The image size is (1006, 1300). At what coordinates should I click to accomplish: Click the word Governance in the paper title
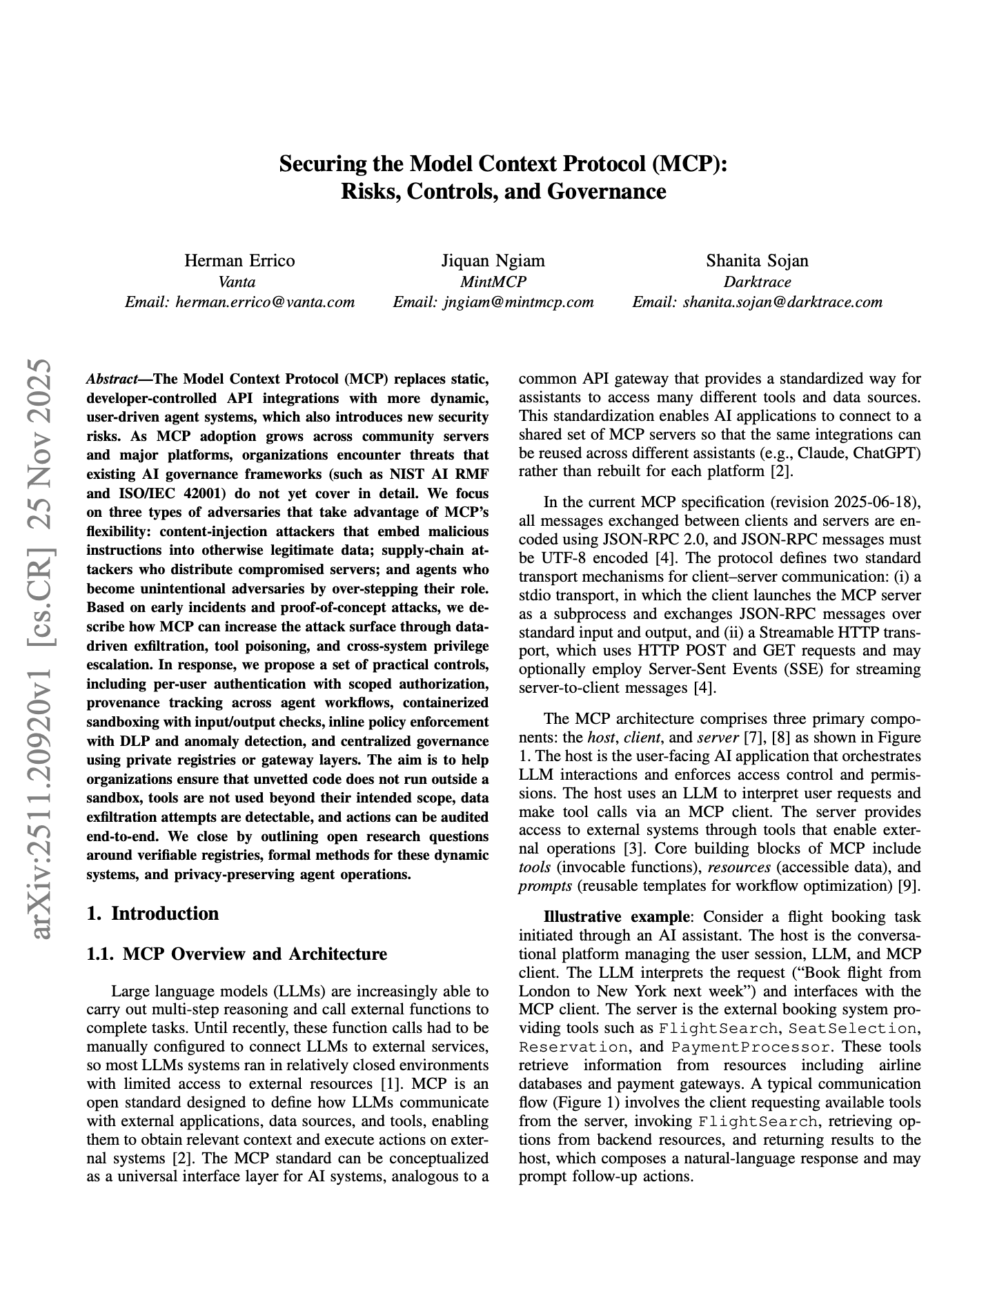[606, 191]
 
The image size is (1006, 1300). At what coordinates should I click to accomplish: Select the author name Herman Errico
[239, 261]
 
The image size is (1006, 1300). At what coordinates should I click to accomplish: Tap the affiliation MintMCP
[493, 282]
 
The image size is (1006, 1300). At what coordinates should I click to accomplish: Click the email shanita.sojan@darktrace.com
[782, 302]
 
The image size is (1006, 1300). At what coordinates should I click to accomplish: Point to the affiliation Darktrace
[757, 282]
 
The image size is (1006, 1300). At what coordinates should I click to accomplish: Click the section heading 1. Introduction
[152, 914]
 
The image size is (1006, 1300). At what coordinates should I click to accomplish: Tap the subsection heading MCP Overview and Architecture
[254, 954]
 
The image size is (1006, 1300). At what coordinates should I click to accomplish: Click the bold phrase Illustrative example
[615, 917]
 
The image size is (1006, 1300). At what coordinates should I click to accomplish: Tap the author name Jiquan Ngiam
[493, 261]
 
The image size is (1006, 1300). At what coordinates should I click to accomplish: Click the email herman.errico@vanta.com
[266, 302]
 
